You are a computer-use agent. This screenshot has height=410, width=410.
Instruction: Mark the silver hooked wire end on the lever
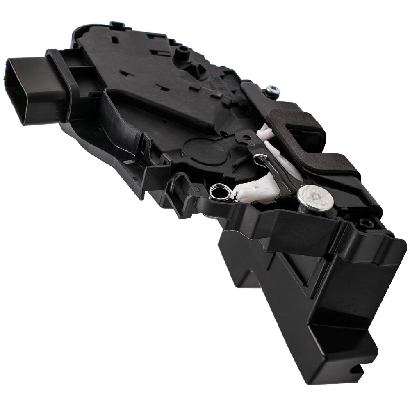coord(260,158)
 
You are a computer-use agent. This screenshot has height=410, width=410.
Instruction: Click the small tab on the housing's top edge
coord(116,26)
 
